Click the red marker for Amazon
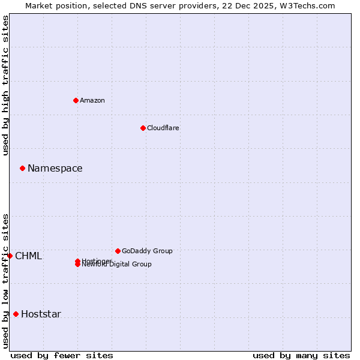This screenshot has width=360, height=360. [76, 100]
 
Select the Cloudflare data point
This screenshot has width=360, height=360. [143, 128]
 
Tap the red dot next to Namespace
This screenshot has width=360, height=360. [22, 168]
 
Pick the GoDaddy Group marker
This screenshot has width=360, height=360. [118, 251]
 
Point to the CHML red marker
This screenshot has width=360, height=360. [10, 256]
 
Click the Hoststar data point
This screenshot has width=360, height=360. [16, 314]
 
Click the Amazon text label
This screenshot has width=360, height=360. [92, 100]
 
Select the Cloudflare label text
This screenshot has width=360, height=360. [163, 128]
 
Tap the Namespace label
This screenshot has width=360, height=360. [55, 169]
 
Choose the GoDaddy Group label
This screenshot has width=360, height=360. [147, 251]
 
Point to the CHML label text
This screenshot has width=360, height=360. [29, 256]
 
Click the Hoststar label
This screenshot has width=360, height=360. [41, 314]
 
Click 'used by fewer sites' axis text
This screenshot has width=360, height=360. [62, 355]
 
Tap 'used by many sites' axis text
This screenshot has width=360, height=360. [301, 355]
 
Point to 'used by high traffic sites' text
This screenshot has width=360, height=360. [6, 85]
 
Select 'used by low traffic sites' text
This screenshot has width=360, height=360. [6, 280]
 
